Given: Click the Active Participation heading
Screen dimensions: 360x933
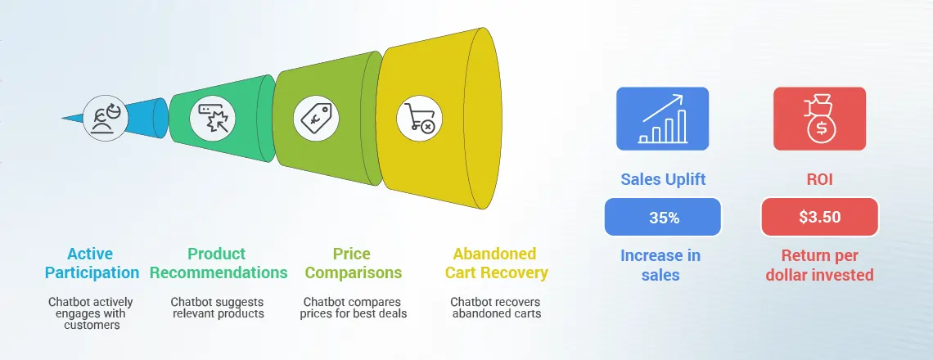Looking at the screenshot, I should click(92, 263).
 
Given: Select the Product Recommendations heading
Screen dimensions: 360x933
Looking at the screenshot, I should click(228, 263).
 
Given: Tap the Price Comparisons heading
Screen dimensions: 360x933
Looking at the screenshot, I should click(351, 263).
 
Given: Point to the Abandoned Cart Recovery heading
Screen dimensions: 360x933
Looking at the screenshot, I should click(496, 263).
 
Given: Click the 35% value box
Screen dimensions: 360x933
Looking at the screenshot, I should click(662, 217).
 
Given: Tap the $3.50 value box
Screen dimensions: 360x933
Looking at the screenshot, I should click(819, 217).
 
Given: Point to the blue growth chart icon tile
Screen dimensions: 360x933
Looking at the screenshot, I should click(662, 119).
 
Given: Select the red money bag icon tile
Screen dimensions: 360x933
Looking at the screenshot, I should click(819, 119).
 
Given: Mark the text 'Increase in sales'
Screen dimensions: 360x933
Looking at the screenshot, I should click(660, 265).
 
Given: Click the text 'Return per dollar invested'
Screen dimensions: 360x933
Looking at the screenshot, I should click(819, 265).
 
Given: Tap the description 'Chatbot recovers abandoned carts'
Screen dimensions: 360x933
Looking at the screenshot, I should click(495, 308).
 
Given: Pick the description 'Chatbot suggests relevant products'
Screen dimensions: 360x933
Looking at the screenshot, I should click(217, 308).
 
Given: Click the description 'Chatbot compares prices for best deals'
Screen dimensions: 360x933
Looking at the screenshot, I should click(355, 308).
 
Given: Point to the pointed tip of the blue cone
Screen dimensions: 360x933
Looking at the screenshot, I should click(64, 118).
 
